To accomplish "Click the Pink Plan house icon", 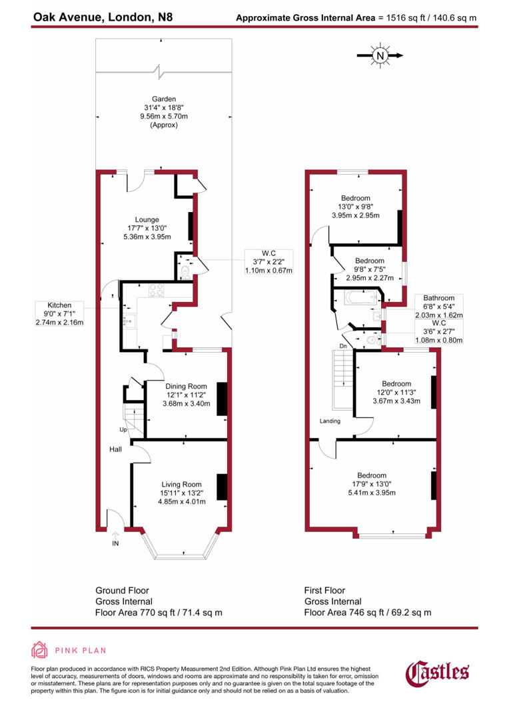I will pyautogui.click(x=39, y=650).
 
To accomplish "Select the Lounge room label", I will pyautogui.click(x=147, y=228).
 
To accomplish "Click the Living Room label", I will pyautogui.click(x=182, y=493).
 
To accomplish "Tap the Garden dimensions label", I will pyautogui.click(x=163, y=112).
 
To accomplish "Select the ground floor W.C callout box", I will pyautogui.click(x=269, y=261).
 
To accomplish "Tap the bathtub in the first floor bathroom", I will pyautogui.click(x=358, y=297).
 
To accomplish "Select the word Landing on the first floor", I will pyautogui.click(x=330, y=421).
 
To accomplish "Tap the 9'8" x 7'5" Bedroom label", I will pyautogui.click(x=370, y=269).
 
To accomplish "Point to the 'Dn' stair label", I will pyautogui.click(x=344, y=346).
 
